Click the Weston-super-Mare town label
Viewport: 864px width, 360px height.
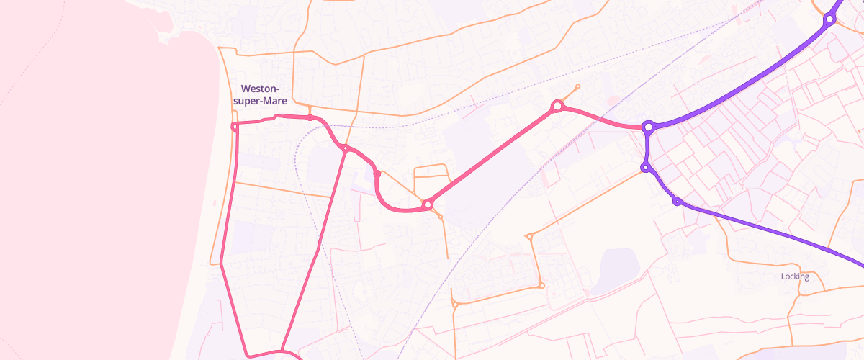coord(264,94)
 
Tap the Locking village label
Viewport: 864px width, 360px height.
coord(795,276)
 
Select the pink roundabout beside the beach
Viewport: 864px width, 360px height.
coord(234,127)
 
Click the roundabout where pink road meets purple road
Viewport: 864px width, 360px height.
coord(648,127)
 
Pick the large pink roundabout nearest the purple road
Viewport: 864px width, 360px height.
coord(556,107)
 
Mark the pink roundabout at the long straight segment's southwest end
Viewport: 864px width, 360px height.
coord(428,205)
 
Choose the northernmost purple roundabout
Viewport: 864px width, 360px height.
coord(829,19)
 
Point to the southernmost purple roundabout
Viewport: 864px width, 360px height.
coord(677,201)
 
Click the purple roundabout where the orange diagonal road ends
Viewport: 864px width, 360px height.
coord(645,168)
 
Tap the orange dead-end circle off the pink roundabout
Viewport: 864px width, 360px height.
coord(578,86)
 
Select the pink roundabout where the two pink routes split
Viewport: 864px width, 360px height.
coord(346,149)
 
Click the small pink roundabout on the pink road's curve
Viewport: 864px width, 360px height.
coord(377,174)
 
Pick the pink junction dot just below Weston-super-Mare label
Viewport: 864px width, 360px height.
coord(310,117)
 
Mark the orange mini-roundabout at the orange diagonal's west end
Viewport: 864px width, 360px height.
coord(528,235)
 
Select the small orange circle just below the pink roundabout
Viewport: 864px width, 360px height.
coord(440,217)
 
